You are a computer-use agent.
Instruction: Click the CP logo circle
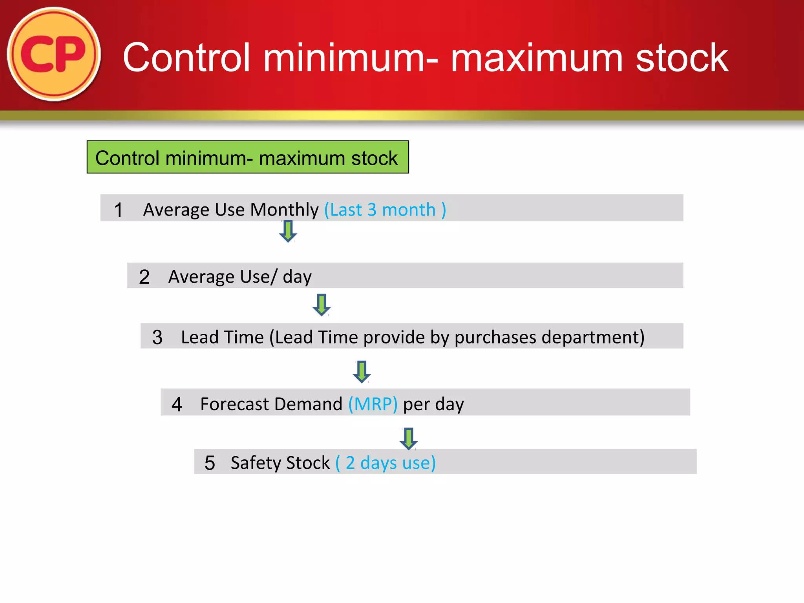(x=54, y=54)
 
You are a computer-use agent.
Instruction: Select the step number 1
(x=118, y=210)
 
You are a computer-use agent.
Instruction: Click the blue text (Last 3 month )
(x=385, y=210)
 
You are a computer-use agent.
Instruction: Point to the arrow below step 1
(x=288, y=231)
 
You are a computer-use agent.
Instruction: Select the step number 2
(x=144, y=277)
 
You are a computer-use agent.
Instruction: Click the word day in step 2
(x=297, y=277)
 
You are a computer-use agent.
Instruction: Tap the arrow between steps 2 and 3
(x=321, y=305)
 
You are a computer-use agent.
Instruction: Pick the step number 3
(x=157, y=337)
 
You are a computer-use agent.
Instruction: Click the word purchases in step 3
(x=495, y=337)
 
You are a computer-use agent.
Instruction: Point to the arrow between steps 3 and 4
(x=362, y=371)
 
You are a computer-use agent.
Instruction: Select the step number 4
(x=177, y=404)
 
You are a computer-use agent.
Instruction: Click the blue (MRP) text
(x=373, y=404)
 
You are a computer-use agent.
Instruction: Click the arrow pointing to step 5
(x=408, y=439)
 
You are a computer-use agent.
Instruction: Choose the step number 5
(x=210, y=463)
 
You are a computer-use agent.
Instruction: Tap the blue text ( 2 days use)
(x=386, y=463)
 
